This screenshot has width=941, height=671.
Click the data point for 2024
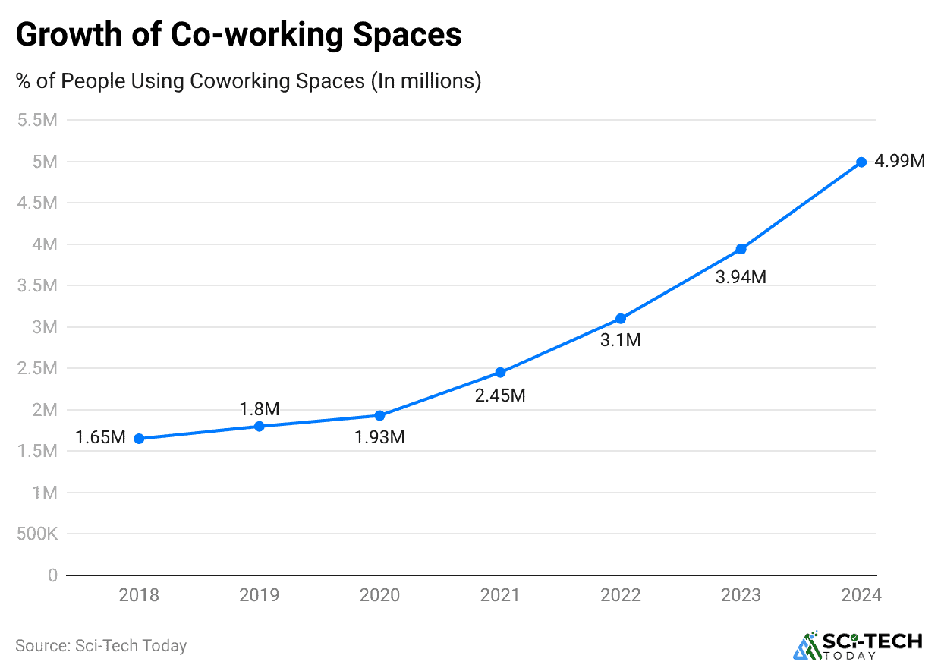click(861, 162)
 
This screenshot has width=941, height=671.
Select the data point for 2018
click(139, 439)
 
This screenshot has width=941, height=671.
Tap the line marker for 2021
click(500, 372)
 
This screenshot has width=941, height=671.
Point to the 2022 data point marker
click(621, 318)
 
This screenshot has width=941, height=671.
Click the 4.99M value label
click(899, 162)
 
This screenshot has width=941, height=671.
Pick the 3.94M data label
click(741, 277)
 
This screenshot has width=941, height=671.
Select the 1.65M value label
click(100, 438)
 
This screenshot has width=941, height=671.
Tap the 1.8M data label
click(259, 409)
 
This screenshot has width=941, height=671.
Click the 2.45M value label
click(500, 395)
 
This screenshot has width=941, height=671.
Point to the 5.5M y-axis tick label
click(36, 120)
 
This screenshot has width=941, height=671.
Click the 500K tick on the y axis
click(36, 534)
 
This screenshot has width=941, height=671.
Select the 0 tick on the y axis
click(52, 575)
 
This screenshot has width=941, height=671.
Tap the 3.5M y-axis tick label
click(36, 285)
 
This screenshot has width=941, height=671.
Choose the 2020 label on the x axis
click(379, 595)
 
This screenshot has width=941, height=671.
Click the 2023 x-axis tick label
click(741, 595)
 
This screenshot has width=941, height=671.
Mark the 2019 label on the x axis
click(259, 595)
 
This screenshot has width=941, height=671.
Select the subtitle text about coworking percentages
click(248, 80)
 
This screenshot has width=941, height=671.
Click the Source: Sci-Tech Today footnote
click(101, 645)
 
